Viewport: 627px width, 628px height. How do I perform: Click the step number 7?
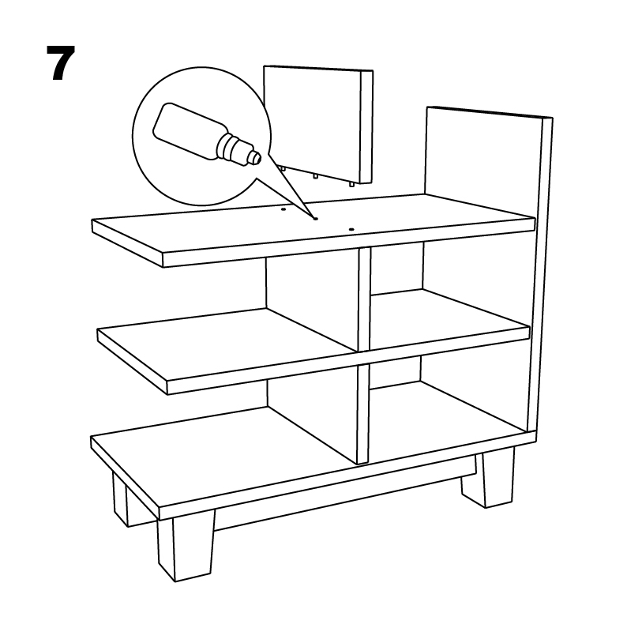coord(60,62)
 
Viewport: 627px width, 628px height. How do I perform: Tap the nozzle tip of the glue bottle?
coord(255,156)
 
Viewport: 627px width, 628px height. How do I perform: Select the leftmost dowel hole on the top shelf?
coord(283,209)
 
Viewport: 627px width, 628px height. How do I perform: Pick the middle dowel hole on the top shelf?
coord(315,219)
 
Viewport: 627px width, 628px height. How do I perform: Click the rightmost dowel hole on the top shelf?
coord(351,230)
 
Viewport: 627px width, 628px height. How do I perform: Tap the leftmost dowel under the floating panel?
coord(283,168)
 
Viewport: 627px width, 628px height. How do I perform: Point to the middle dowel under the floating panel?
coord(316,176)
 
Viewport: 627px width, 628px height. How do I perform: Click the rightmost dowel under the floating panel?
coord(351,184)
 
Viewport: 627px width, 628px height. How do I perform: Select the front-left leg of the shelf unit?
coord(186,550)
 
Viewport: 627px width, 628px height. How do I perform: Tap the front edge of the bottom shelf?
coord(347,476)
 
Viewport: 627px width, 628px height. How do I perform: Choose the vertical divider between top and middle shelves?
coord(364,299)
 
